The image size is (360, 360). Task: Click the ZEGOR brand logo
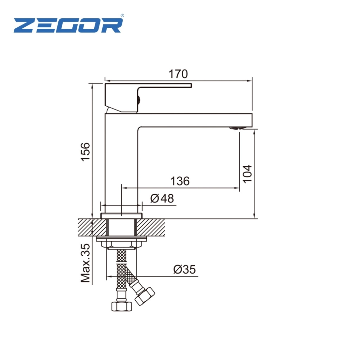(68, 25)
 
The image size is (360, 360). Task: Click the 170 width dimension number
(178, 74)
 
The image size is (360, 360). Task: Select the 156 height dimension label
(85, 152)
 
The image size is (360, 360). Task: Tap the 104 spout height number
(247, 174)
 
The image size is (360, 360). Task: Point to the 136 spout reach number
(180, 181)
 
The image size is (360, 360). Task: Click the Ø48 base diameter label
(162, 198)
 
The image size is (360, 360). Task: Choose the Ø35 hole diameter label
(185, 269)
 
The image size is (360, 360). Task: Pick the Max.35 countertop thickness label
(85, 263)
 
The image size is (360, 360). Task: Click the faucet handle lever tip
(191, 86)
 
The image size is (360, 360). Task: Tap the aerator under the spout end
(235, 129)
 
